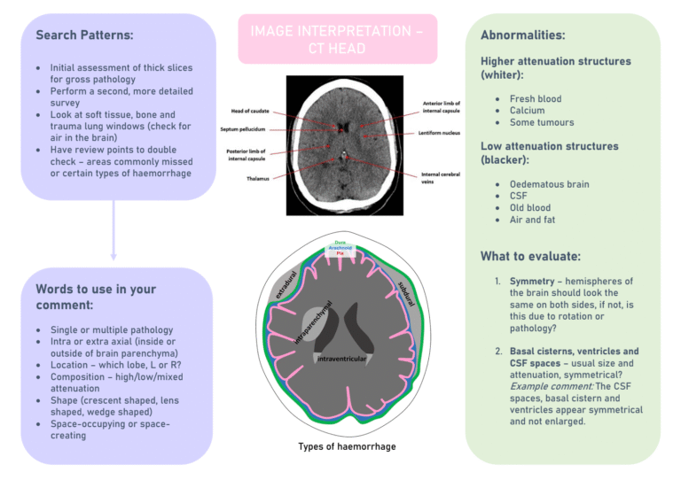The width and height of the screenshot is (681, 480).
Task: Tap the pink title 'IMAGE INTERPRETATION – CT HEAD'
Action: [337, 39]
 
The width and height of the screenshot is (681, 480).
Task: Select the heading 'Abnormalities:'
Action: [522, 35]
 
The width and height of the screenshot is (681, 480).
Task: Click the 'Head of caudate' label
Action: [250, 111]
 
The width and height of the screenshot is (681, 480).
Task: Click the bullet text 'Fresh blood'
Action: [535, 99]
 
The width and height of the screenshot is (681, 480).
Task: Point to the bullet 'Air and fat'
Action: [532, 220]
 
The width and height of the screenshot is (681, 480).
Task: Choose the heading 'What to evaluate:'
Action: [530, 257]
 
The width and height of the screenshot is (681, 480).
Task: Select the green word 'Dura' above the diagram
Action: [340, 243]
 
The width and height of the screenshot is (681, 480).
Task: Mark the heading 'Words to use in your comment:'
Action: [96, 297]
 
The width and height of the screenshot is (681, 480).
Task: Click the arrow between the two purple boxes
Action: [113, 229]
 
